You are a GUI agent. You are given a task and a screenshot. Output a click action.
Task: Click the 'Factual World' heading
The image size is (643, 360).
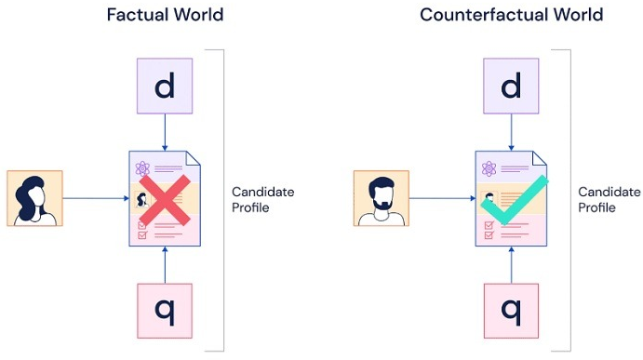tap(165, 15)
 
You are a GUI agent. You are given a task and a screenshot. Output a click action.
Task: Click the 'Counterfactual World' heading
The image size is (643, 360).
tap(512, 15)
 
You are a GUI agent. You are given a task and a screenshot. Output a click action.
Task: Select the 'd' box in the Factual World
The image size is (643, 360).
tap(165, 86)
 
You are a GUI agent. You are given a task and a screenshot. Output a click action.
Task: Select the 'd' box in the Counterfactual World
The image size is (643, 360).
tap(511, 86)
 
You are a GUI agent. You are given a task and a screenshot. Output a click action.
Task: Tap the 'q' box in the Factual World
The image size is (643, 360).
tap(165, 311)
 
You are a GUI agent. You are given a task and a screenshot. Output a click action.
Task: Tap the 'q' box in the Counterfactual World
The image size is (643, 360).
tap(511, 311)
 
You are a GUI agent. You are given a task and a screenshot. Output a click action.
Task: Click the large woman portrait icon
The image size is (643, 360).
tap(34, 198)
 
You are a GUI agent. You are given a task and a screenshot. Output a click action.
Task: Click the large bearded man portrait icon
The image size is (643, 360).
tap(382, 198)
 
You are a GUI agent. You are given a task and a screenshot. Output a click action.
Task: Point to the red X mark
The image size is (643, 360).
tap(165, 200)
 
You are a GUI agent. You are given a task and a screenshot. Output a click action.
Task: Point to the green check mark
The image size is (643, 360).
tap(515, 200)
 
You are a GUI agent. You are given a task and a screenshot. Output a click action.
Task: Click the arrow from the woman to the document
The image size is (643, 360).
tap(96, 198)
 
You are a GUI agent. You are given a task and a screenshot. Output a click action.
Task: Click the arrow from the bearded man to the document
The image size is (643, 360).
tap(443, 198)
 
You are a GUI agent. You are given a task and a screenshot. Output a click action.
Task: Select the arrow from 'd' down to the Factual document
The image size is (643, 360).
tap(165, 132)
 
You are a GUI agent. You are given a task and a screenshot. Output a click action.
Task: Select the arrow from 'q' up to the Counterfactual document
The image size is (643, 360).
tap(512, 265)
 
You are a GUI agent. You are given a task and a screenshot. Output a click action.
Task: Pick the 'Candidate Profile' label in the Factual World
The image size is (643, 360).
tap(262, 200)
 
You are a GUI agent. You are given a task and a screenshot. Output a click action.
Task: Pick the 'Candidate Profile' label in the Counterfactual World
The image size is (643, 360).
tap(610, 200)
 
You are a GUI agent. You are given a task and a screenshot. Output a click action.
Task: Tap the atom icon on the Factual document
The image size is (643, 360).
tap(142, 168)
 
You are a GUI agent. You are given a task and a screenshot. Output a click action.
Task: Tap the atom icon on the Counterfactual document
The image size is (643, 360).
tap(489, 168)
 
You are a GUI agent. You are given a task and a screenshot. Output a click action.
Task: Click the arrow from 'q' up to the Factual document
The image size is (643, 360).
tap(165, 265)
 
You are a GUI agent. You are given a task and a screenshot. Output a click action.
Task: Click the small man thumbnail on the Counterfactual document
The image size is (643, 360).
tap(489, 198)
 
